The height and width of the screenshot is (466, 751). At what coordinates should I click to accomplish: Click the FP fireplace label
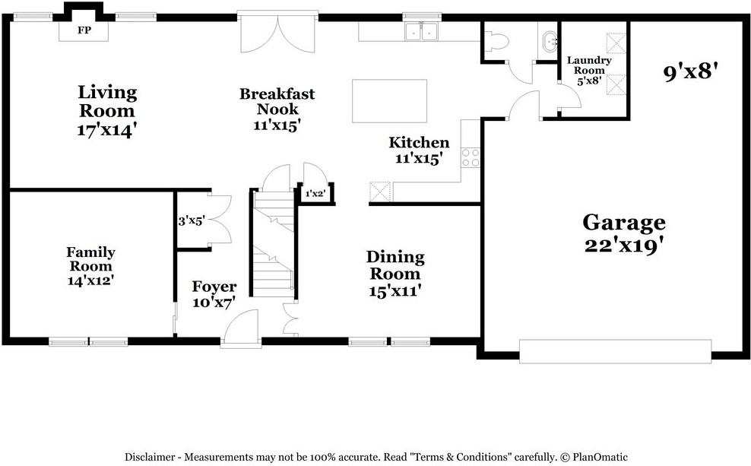point(84,31)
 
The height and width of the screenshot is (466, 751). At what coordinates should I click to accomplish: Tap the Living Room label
point(108,93)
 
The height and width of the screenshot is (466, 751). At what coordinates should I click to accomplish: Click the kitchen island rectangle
point(389,100)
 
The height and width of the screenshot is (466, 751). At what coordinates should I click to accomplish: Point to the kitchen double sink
point(420,31)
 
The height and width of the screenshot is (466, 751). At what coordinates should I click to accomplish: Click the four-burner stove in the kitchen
point(471,157)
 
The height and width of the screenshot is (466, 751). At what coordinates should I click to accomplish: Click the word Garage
point(623,223)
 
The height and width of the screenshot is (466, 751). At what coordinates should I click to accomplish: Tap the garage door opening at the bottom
point(616,351)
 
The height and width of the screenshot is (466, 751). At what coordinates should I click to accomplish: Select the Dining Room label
point(395,265)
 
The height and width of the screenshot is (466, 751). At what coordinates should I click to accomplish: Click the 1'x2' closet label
point(315,194)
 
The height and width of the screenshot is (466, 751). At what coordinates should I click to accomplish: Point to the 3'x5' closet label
point(192,221)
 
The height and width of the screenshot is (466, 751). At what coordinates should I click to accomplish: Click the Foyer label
point(214,287)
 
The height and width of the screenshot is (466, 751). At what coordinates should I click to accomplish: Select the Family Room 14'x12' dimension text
point(90,280)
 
